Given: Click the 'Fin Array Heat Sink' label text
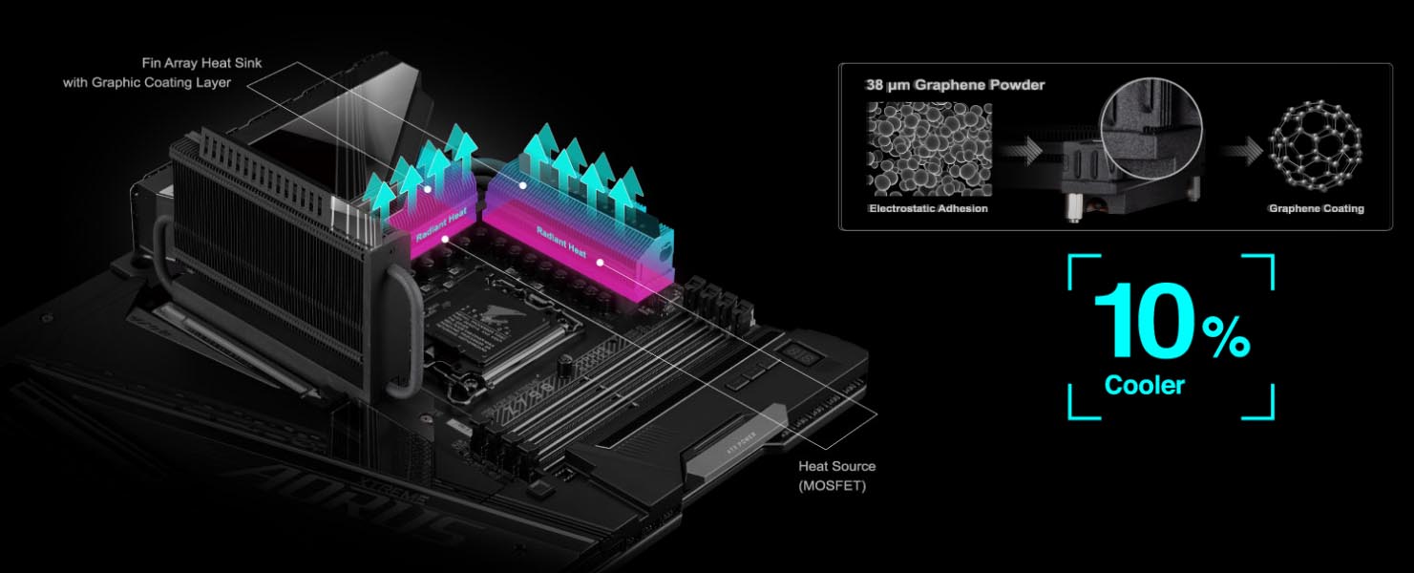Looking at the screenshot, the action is [x=201, y=63].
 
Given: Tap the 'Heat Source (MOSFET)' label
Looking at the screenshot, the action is [x=836, y=476].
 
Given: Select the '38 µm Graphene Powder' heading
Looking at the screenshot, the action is [x=955, y=85].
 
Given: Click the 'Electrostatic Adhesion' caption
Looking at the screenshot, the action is [x=928, y=208].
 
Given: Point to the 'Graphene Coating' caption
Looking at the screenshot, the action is [x=1317, y=208].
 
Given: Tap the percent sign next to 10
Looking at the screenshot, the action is [x=1226, y=337].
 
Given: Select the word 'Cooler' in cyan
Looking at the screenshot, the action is [x=1145, y=385].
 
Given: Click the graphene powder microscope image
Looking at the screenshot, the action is [x=929, y=149].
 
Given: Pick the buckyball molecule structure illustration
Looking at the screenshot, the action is [x=1316, y=146].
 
